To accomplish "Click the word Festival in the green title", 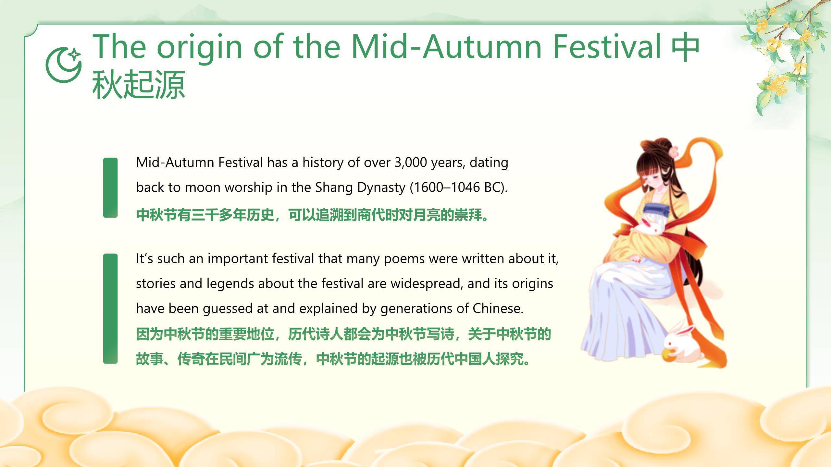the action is pos(607,46).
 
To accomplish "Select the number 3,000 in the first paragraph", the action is pos(411,162).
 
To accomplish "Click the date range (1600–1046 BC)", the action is pos(458,187).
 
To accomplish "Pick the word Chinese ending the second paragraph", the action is pos(498,308).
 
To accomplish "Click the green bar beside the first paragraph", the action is pos(110,188).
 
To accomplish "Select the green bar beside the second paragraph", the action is pos(110,309).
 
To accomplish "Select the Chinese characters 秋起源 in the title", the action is pos(139,85).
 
